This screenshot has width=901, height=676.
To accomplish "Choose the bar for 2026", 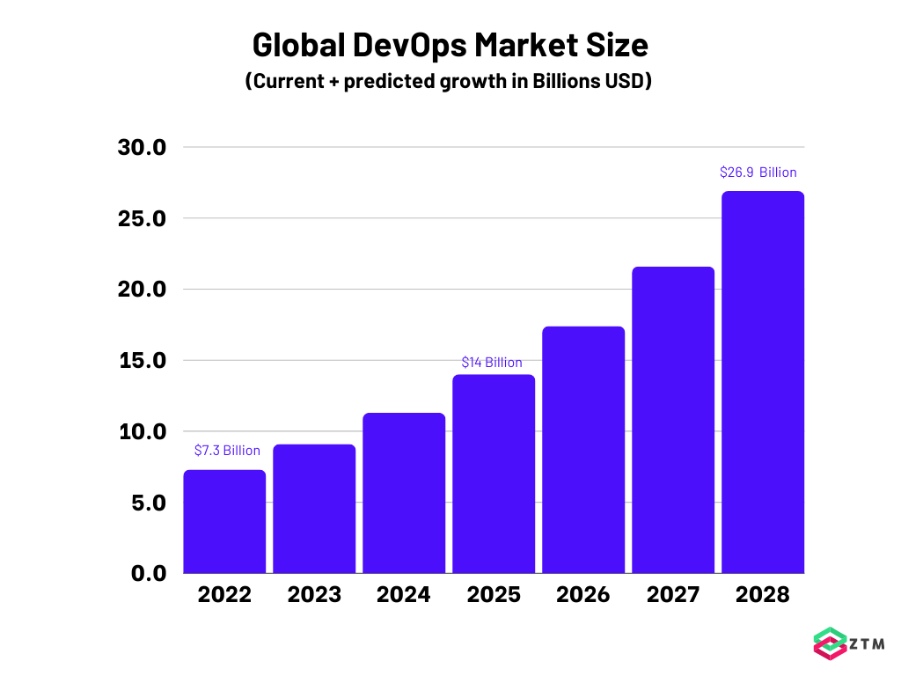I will tap(583, 450).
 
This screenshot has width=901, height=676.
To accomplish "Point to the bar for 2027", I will tap(673, 420).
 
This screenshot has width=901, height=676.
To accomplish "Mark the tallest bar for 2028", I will tap(763, 382).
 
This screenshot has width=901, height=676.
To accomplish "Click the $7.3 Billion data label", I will tap(227, 451).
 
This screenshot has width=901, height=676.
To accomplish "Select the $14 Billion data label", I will tap(492, 363).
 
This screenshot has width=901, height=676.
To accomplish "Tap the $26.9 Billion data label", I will tap(758, 173).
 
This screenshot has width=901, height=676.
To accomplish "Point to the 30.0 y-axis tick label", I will tap(142, 147).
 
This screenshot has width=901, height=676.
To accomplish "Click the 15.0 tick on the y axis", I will tap(142, 361).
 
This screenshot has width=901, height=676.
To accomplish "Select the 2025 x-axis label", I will tap(494, 595).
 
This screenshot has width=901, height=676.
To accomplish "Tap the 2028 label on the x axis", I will tap(763, 595).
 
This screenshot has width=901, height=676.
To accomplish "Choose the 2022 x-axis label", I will tap(224, 595).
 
